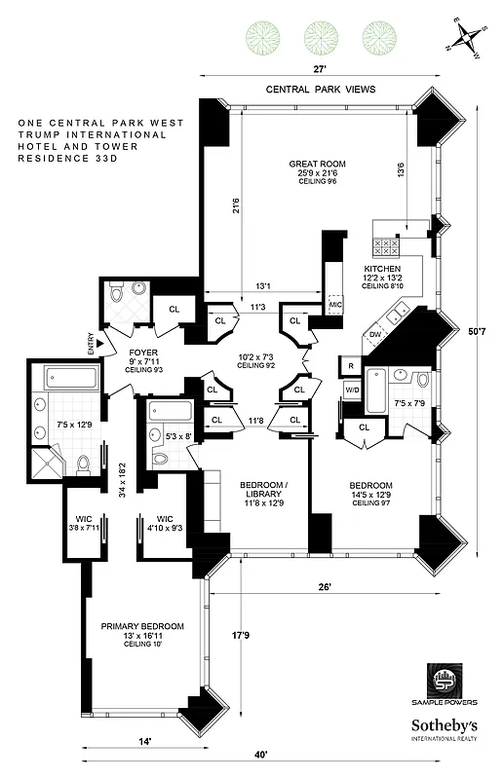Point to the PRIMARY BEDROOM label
tap(141, 626)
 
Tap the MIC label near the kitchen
tap(334, 305)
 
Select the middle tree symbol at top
tap(319, 37)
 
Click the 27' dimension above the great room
tap(319, 69)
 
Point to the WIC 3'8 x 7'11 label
tap(76, 523)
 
